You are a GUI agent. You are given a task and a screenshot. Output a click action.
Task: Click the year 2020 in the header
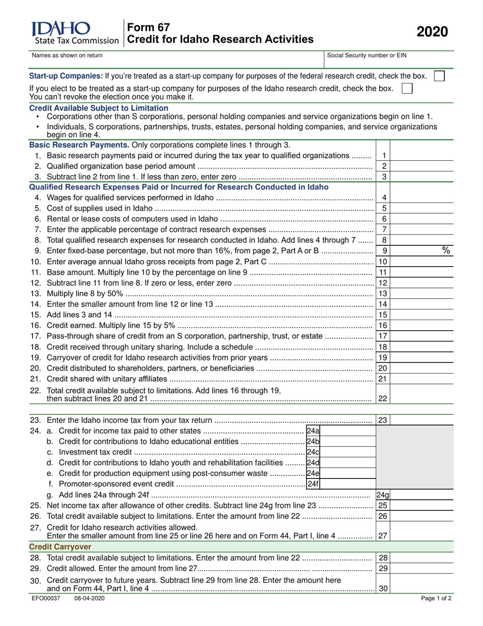point(433,32)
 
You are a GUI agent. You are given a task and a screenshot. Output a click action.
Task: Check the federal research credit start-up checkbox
point(439,76)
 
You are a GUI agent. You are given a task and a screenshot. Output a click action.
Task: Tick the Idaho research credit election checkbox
point(407,89)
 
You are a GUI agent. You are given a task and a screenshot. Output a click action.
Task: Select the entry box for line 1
point(421,155)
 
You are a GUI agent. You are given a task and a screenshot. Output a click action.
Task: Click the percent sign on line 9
point(446,250)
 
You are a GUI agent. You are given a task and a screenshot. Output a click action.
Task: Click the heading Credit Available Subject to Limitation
point(99,108)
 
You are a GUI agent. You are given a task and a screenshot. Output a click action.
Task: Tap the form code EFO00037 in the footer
point(46,598)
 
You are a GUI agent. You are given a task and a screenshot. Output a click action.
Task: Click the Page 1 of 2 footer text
point(436,598)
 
